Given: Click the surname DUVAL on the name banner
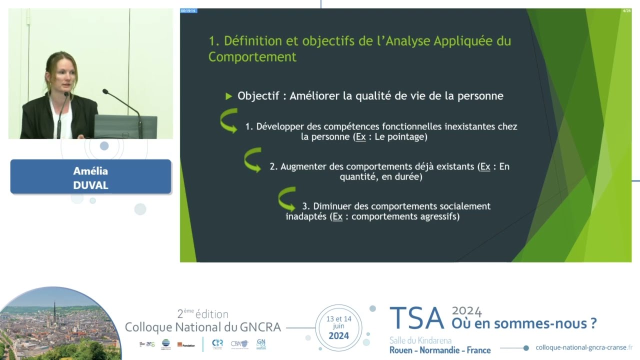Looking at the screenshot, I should (x=90, y=185).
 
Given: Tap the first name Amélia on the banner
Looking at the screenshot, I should (x=90, y=171).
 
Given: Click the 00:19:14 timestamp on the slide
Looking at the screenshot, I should (x=188, y=10).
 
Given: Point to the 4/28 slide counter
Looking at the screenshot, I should (x=626, y=10).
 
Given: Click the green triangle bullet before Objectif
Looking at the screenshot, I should (x=229, y=96).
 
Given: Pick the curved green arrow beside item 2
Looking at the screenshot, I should (x=252, y=160).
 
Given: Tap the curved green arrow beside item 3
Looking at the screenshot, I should (x=287, y=199).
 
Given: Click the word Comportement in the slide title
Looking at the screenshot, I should (x=252, y=57).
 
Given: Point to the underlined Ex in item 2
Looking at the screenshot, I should (x=485, y=166).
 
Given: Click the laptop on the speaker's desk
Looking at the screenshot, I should (x=125, y=127).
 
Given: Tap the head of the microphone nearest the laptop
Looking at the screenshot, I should (x=105, y=91).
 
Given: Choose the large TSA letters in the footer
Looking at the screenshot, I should (x=416, y=318).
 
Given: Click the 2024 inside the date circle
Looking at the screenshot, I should (x=338, y=335).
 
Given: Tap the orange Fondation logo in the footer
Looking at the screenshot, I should (x=186, y=345).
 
